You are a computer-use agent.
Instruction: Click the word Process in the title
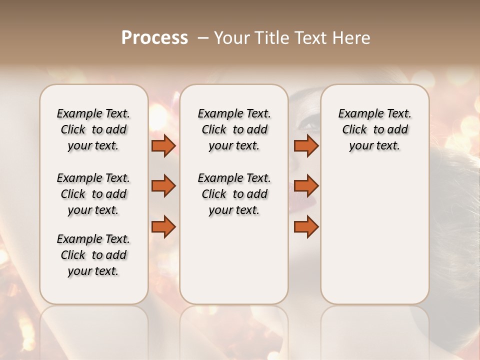pos(154,38)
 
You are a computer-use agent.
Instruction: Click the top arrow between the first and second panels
pos(163,145)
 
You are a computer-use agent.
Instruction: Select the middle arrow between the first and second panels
pos(163,186)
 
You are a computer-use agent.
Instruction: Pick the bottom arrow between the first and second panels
pos(163,226)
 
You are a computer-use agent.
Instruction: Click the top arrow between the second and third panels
pos(306,145)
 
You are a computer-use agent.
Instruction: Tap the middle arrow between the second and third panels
pos(306,186)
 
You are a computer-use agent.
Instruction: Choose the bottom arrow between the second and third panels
pos(306,226)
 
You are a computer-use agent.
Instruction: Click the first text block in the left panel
pos(93,129)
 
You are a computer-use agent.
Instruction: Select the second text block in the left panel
pos(93,194)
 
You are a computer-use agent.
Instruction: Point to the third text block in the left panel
pos(93,255)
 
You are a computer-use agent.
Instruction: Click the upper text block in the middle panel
pos(234,129)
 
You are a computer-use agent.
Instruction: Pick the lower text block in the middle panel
pos(234,194)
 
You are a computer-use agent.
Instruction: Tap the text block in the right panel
pos(374,129)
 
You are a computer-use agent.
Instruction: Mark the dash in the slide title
pos(202,38)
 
